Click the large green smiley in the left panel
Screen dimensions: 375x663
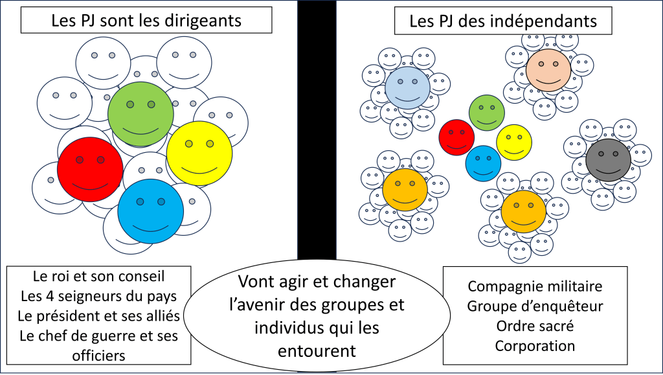(x=140, y=114)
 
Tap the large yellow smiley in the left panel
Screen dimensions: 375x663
(x=199, y=153)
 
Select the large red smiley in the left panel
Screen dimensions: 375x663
(x=90, y=170)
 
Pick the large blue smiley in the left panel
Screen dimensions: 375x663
(x=150, y=211)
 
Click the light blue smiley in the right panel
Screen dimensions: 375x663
(x=407, y=89)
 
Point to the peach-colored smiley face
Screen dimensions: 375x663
(x=548, y=70)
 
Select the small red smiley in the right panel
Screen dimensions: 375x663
(x=457, y=137)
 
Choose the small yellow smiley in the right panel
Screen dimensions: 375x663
(x=514, y=142)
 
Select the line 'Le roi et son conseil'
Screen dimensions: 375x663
(x=98, y=277)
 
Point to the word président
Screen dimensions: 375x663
(x=81, y=317)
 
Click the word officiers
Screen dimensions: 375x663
(x=99, y=356)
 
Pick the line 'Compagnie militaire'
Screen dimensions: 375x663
(x=535, y=286)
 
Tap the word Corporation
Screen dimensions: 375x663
(x=535, y=345)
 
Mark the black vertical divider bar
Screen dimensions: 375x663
(x=317, y=130)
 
